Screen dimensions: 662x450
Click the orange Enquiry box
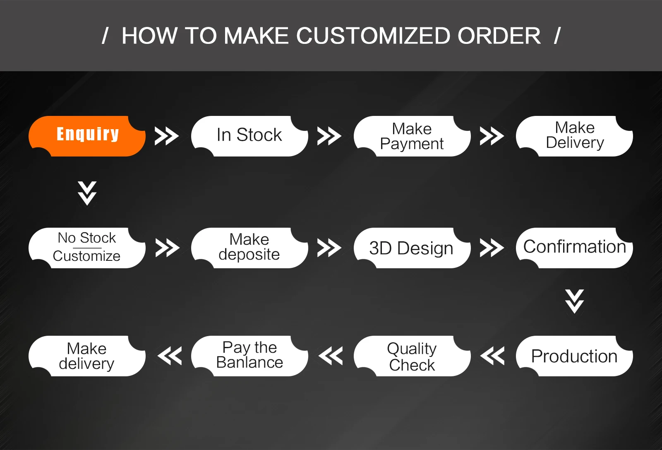[87, 136]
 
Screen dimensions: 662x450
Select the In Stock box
[249, 136]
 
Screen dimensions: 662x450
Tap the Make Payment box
[412, 136]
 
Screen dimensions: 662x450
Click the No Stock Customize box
[87, 248]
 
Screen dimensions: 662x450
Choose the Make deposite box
[249, 248]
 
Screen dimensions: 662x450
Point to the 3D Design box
[412, 248]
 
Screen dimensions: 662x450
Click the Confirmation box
[574, 248]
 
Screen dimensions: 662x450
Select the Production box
[574, 356]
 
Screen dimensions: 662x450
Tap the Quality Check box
[412, 356]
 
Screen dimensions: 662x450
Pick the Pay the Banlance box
[249, 356]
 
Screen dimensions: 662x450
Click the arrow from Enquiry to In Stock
[167, 136]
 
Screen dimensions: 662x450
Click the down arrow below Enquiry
[87, 193]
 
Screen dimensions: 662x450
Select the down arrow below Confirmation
[574, 301]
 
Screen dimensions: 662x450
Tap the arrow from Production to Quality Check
[492, 356]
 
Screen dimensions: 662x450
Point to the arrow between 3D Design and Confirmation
[492, 248]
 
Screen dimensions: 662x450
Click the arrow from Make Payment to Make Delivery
[492, 136]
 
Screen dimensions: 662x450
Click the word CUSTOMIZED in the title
[373, 36]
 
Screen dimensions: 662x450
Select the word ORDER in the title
[499, 36]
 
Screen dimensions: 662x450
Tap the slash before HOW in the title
[105, 36]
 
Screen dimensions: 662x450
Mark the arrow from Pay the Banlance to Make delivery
[170, 356]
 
